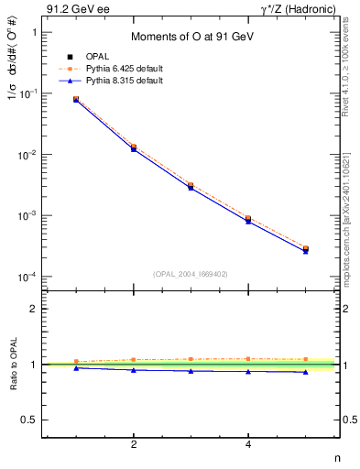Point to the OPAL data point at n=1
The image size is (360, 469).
(76, 99)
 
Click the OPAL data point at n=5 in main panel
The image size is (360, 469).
(306, 249)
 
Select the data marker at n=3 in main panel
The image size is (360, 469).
(191, 186)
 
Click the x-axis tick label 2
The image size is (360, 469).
(134, 445)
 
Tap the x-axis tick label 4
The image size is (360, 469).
(248, 445)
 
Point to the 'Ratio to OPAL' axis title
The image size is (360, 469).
(12, 365)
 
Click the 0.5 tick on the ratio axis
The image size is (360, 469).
(27, 420)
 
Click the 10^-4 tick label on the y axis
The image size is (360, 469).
(26, 277)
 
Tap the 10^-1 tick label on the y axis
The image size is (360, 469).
(26, 93)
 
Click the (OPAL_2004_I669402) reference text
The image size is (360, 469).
(191, 273)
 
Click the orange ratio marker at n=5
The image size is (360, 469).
(306, 359)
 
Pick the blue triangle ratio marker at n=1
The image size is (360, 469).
(76, 367)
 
